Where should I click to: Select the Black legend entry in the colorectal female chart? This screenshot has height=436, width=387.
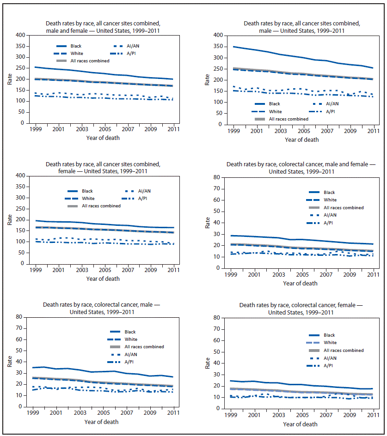(x=329, y=335)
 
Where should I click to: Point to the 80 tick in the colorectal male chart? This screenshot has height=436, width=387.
(x=19, y=317)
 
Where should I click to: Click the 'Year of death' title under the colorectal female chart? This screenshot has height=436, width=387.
(x=300, y=424)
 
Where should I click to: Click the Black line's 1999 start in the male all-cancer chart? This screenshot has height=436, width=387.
(x=234, y=47)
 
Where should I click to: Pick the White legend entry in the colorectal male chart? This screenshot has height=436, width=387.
(x=130, y=339)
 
